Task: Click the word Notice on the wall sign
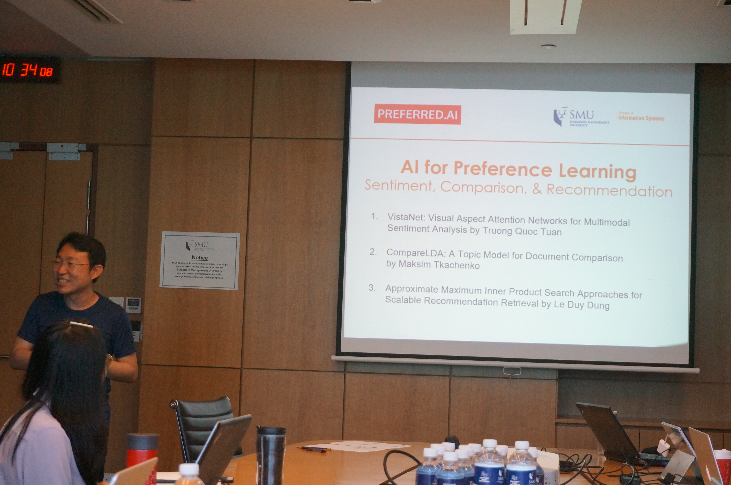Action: click(x=199, y=257)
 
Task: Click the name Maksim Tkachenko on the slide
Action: click(x=439, y=265)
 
